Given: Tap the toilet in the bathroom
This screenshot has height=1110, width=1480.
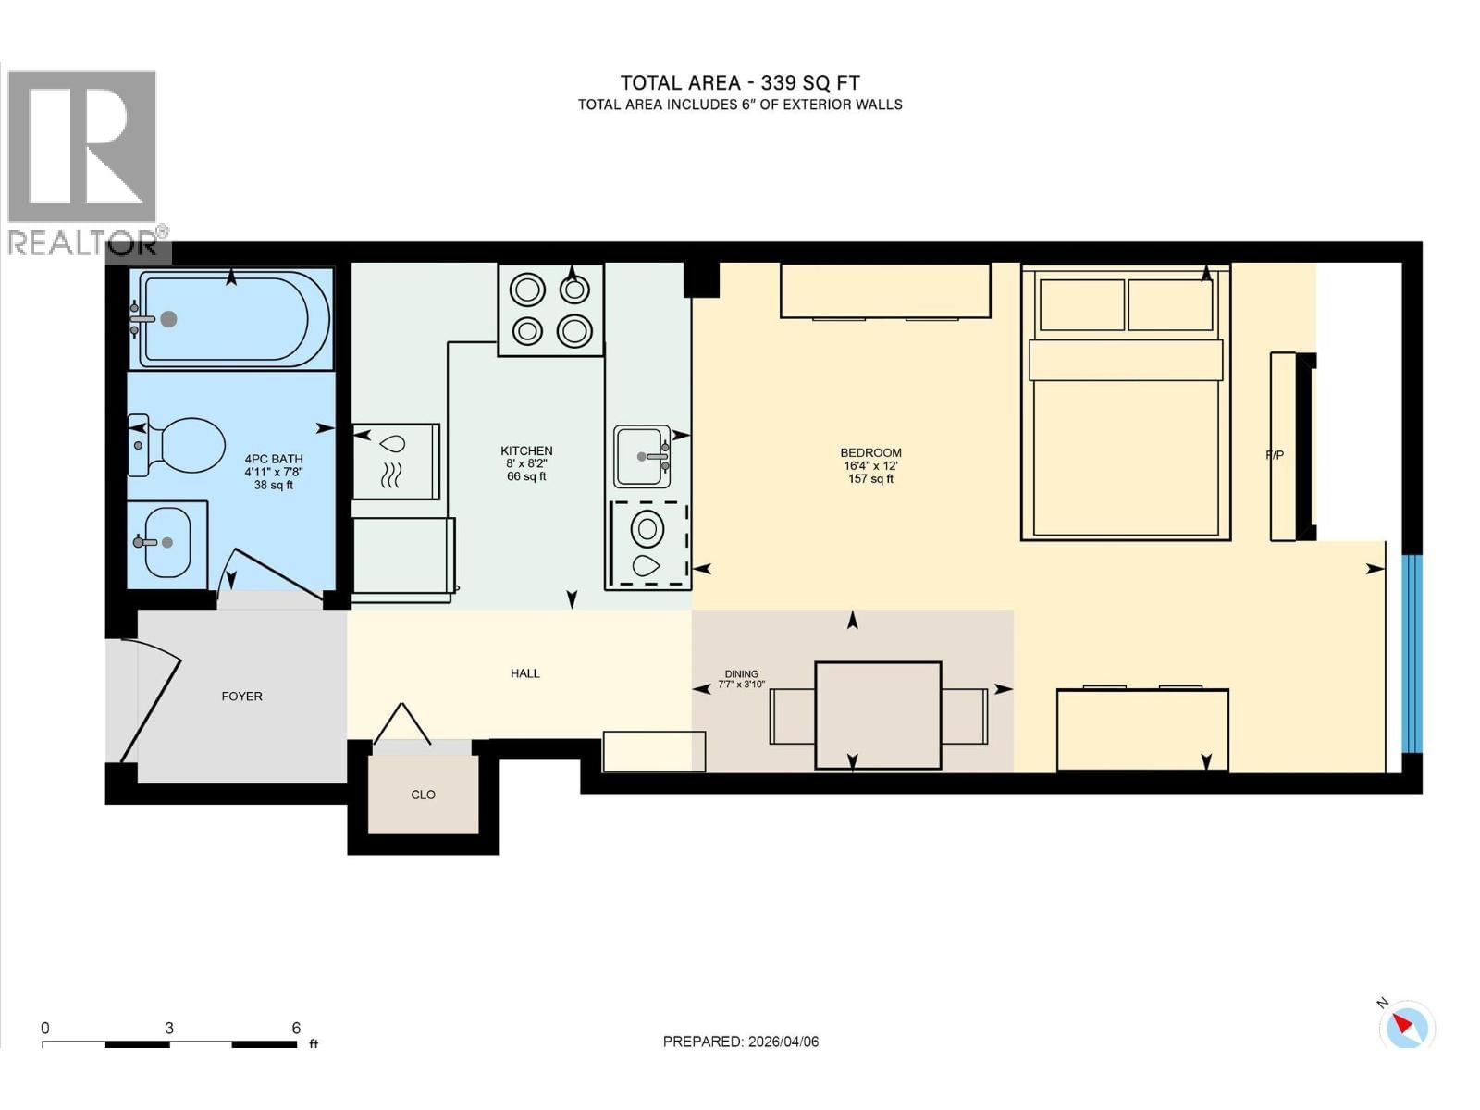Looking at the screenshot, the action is pos(178,444).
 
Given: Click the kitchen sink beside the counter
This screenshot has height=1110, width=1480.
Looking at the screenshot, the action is pos(641,456).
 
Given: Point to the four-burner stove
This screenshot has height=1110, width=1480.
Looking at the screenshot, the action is pos(550,310).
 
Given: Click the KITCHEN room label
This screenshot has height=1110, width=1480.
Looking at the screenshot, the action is pos(526,450).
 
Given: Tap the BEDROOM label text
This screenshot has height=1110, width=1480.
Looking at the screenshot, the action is pos(870,453).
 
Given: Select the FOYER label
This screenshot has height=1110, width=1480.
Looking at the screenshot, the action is pos(242,697).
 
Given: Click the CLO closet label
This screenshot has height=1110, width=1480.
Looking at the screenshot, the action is pos(423,795).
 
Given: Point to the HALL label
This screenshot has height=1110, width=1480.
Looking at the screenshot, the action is pos(524,673).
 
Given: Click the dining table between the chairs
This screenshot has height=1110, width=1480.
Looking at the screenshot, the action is pos(878,716).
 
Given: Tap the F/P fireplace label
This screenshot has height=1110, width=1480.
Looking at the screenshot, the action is pos(1275,455).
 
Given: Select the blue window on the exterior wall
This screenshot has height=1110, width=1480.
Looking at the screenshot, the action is pos(1412,654).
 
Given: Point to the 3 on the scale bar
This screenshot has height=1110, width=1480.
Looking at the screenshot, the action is pos(169,1028).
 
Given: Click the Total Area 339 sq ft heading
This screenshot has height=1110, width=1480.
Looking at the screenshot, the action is pos(740,83).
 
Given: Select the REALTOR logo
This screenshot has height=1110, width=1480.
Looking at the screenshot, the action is pos(86,166).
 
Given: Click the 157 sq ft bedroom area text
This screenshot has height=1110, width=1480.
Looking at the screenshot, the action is pos(870,479).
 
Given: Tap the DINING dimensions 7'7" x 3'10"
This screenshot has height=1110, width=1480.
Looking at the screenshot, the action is pos(742,684).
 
